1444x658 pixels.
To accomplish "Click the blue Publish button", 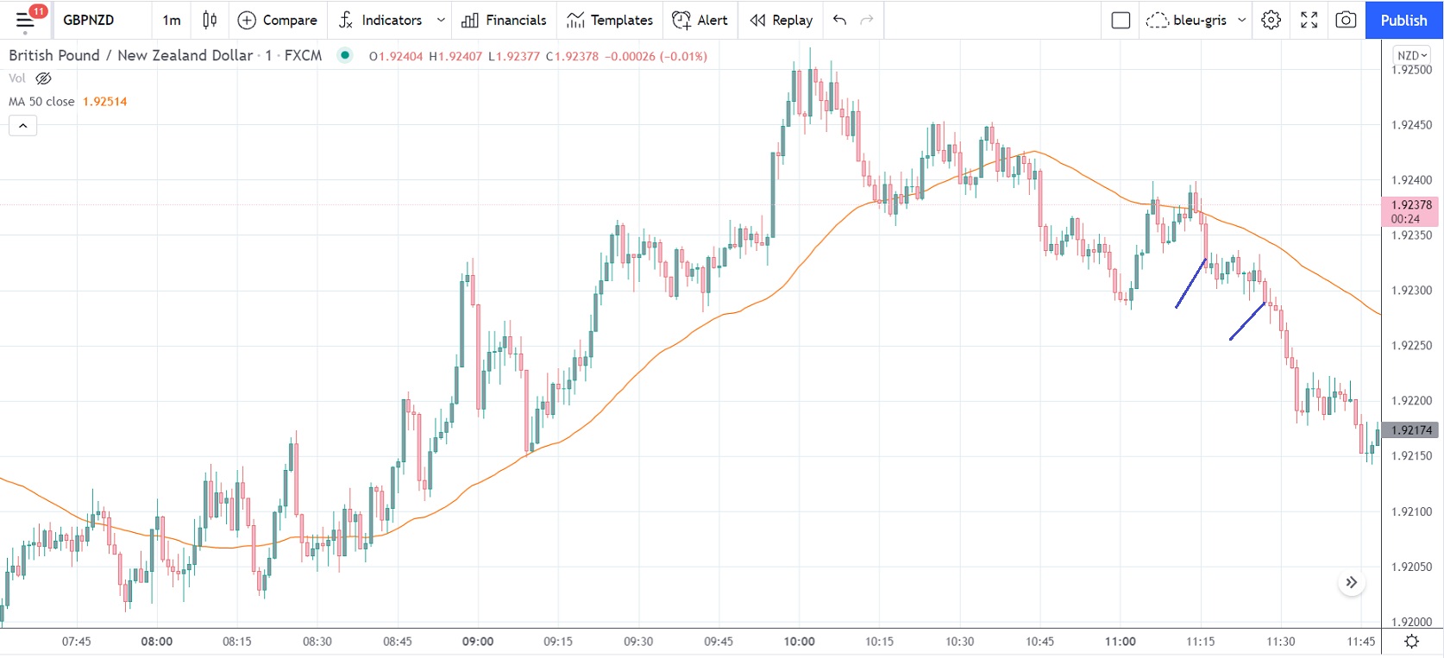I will [1403, 20].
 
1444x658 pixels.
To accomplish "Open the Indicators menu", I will [391, 20].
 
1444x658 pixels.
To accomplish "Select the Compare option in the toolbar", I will [278, 20].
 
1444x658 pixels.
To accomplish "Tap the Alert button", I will [700, 20].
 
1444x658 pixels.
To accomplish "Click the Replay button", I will [782, 20].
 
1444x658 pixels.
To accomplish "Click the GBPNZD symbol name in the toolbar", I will [89, 20].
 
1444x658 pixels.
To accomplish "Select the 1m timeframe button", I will [172, 20].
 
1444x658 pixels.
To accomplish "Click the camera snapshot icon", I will [1346, 20].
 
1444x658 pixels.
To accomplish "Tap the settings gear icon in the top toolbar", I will [1271, 20].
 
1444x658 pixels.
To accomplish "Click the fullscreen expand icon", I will [1309, 20].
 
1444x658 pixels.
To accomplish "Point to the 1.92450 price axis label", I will [1411, 125].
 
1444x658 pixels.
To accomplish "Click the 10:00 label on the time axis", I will [799, 642].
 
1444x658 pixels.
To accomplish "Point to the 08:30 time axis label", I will [317, 642].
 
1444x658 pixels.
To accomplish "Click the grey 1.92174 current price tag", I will [1411, 429].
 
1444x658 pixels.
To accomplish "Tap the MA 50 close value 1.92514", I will [104, 102].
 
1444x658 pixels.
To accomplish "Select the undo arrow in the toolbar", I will [839, 20].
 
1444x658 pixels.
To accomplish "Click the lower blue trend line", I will [1247, 321].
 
